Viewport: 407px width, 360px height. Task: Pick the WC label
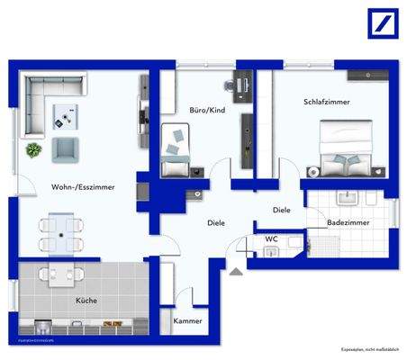[x=271, y=239]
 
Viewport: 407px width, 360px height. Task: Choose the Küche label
[x=87, y=301]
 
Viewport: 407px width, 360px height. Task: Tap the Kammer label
[x=187, y=321]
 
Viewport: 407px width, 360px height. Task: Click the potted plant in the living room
[x=34, y=149]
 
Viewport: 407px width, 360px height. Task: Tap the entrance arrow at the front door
[x=235, y=267]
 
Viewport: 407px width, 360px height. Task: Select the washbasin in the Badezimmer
[x=346, y=196]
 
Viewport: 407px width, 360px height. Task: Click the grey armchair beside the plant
[x=65, y=148]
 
